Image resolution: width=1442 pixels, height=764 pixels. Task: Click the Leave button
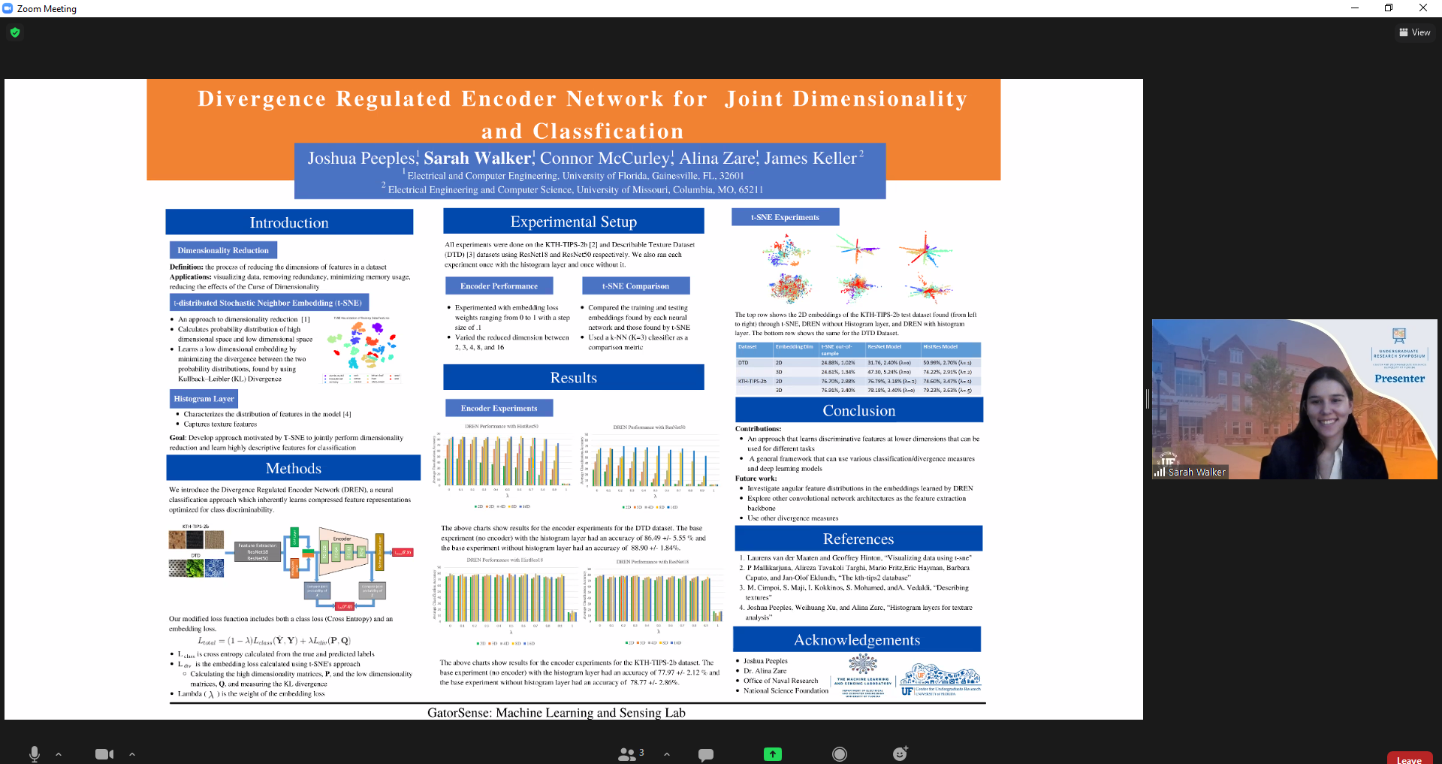[x=1409, y=759]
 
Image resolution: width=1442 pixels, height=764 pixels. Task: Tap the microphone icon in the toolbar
[x=34, y=753]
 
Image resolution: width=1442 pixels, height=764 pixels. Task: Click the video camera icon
[x=104, y=754]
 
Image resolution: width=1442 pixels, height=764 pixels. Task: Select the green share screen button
[x=772, y=754]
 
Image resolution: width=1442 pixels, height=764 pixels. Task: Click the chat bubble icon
[x=705, y=754]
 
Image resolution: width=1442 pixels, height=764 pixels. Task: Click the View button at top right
[x=1414, y=32]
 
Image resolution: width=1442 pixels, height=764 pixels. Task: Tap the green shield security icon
[x=15, y=32]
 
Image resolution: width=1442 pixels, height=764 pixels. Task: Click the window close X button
[x=1422, y=8]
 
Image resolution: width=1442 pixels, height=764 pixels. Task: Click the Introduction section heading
[x=289, y=222]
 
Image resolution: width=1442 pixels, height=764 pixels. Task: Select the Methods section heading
[x=293, y=468]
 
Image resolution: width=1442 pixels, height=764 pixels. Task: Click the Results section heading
[x=573, y=377]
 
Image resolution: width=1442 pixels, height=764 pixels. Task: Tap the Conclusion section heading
[x=858, y=410]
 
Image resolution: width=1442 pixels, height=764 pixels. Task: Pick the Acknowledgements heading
[x=857, y=639]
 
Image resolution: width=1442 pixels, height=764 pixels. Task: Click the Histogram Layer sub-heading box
[x=204, y=398]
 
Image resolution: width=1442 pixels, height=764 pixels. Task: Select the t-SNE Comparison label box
[x=635, y=285]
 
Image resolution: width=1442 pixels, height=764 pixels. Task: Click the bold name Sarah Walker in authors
[x=478, y=158]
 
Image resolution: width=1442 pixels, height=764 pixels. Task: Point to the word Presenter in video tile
[x=1399, y=379]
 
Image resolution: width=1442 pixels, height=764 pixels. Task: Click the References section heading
[x=858, y=539]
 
